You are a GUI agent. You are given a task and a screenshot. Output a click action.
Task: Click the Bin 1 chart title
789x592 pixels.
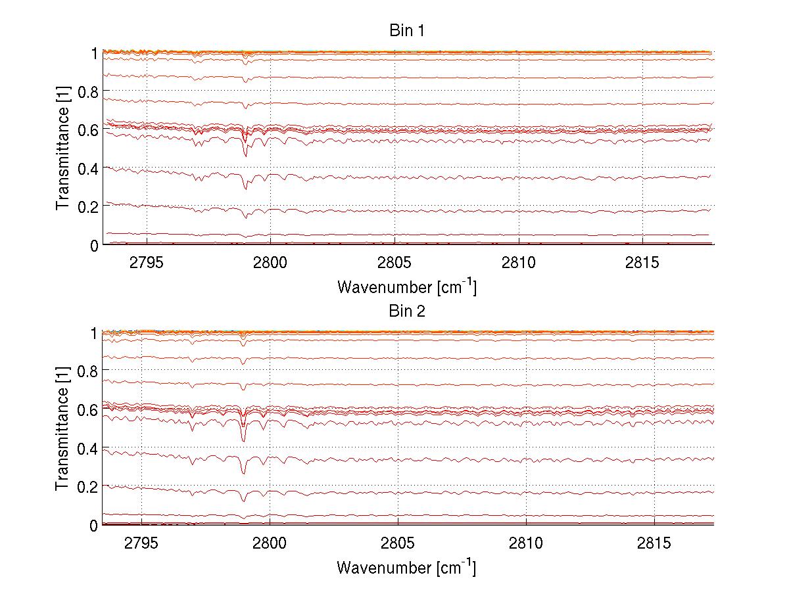coord(408,31)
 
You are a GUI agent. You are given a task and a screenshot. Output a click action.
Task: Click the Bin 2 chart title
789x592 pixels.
coord(408,311)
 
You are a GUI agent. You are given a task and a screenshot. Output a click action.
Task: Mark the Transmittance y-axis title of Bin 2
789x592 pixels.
coord(62,428)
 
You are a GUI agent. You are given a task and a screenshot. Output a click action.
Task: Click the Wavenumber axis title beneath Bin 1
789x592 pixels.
coord(406,287)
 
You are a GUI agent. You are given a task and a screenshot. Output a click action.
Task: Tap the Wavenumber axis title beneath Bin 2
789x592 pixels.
coord(406,567)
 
